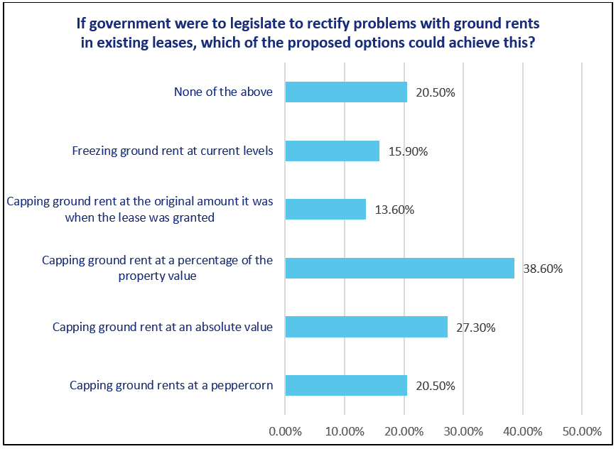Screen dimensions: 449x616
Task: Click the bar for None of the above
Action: [346, 92]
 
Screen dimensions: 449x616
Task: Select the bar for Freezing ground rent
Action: [332, 151]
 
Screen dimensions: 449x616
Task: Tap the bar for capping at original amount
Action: [325, 210]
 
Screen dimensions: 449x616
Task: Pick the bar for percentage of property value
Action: [399, 268]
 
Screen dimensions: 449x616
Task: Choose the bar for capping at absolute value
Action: [366, 327]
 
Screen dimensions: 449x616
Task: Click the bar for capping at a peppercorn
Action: [346, 385]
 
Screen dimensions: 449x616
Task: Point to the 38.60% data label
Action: [543, 269]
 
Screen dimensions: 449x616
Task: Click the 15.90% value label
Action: [408, 152]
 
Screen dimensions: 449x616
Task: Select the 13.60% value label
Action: [394, 210]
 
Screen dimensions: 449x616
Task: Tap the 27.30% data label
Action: [476, 328]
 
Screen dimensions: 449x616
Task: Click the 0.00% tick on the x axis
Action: [285, 431]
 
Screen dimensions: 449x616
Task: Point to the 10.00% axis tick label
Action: [345, 431]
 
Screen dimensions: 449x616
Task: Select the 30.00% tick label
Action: [463, 431]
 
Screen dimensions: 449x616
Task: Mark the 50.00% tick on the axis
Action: [582, 431]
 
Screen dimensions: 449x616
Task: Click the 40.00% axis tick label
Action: [523, 431]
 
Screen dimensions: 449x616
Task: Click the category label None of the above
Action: [223, 92]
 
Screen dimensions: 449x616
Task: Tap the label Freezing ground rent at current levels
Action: [173, 151]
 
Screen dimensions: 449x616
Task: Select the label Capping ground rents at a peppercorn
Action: [171, 386]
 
